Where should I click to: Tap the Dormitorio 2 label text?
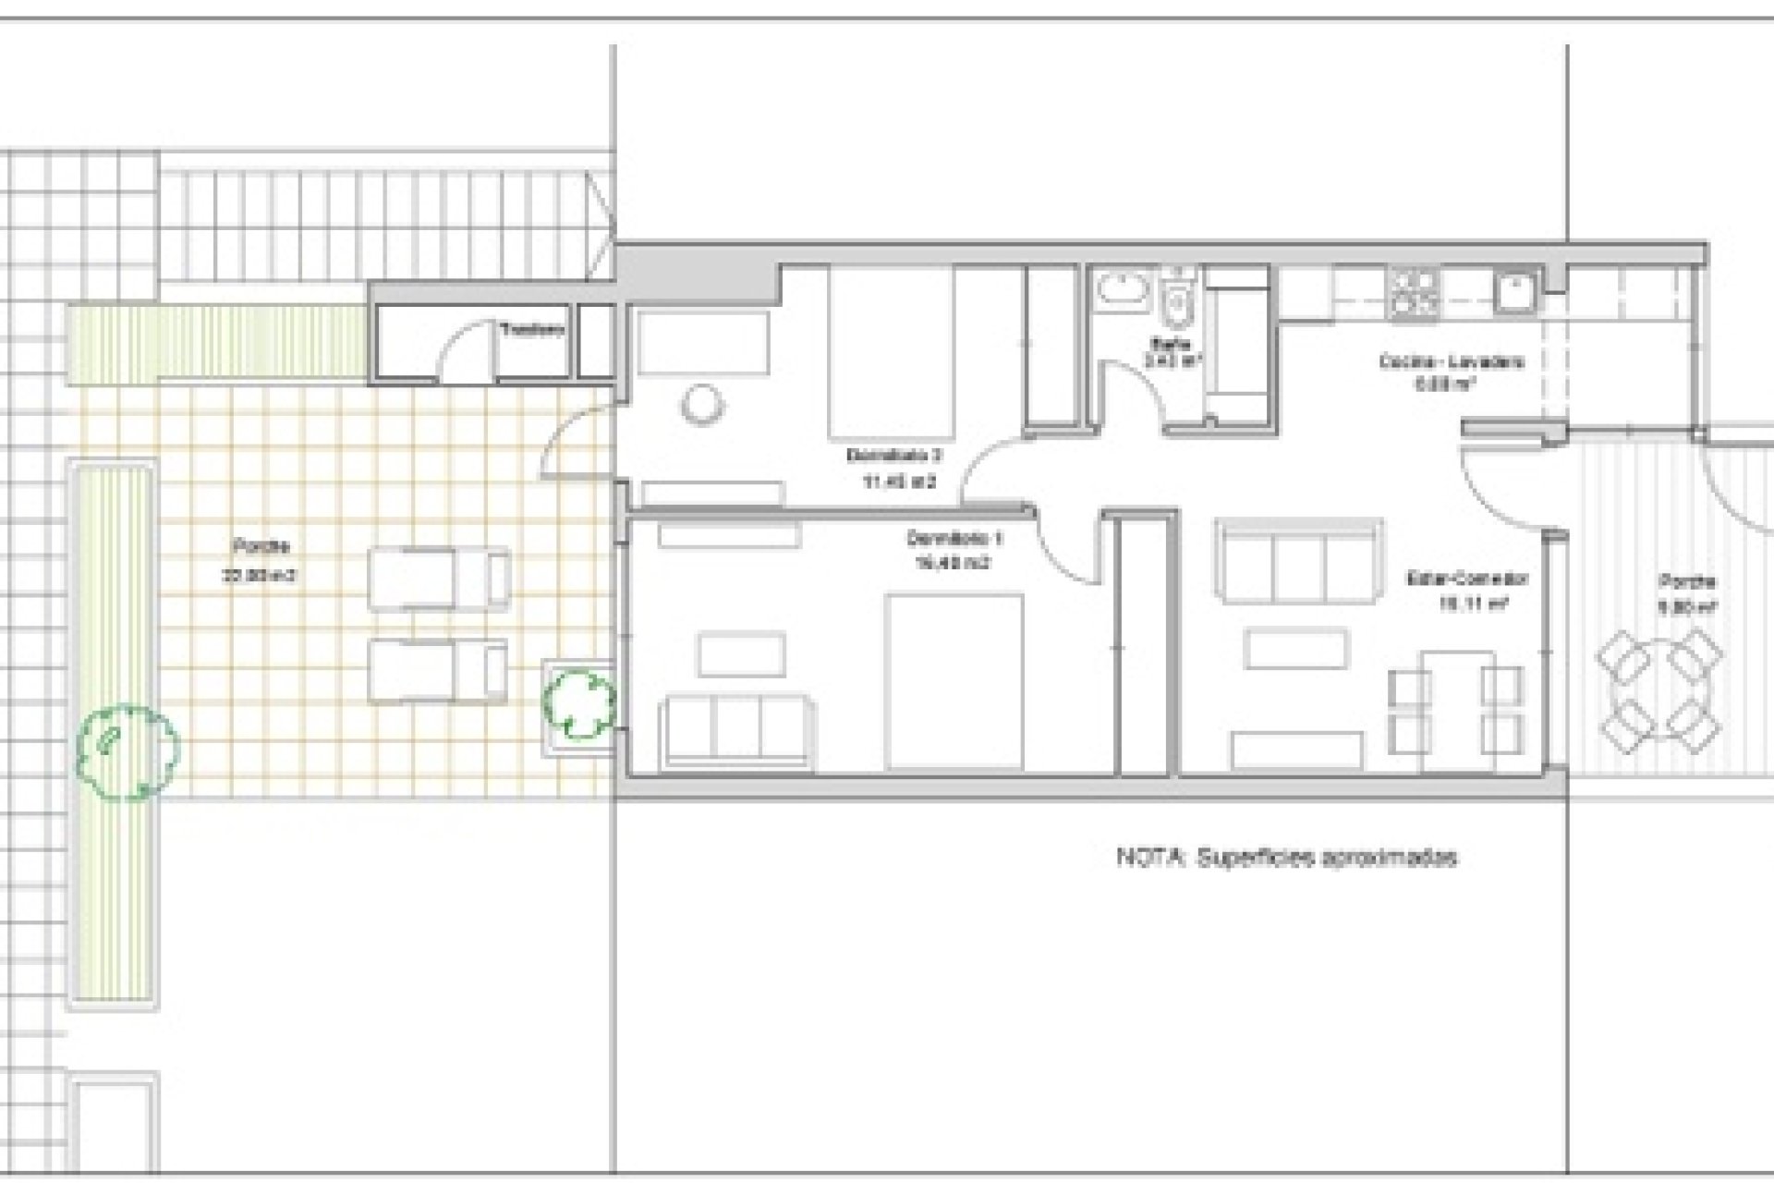[893, 468]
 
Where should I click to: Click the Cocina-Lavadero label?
[1452, 372]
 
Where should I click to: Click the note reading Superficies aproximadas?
[1287, 858]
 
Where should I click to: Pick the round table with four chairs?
[1659, 689]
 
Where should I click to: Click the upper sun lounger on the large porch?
[439, 579]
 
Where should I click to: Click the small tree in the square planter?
[579, 704]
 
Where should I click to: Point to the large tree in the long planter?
[127, 750]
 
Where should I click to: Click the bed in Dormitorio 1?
[954, 682]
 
